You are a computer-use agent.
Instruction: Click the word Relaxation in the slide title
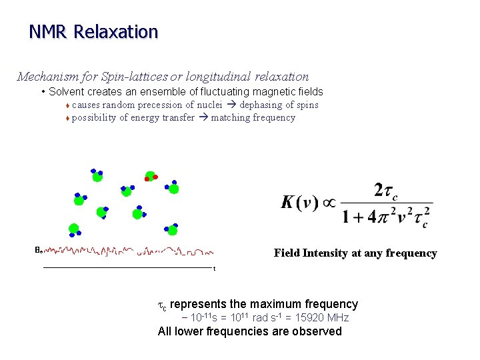(116, 31)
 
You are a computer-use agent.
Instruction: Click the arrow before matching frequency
(203, 117)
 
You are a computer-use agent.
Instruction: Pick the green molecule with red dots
(151, 177)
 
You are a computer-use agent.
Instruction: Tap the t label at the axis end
(214, 269)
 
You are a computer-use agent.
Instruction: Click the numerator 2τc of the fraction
(387, 191)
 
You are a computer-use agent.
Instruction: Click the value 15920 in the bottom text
(305, 317)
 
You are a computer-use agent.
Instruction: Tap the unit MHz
(337, 317)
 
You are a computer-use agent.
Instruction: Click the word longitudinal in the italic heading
(219, 77)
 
